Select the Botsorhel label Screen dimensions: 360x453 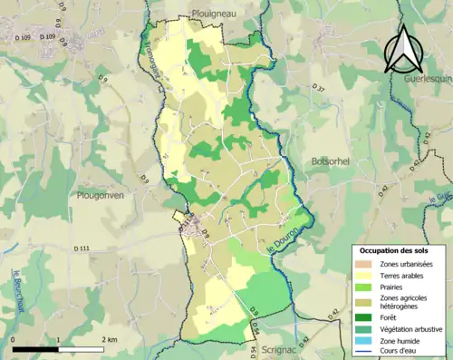pos(334,160)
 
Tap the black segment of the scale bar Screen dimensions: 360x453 pos(36,348)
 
